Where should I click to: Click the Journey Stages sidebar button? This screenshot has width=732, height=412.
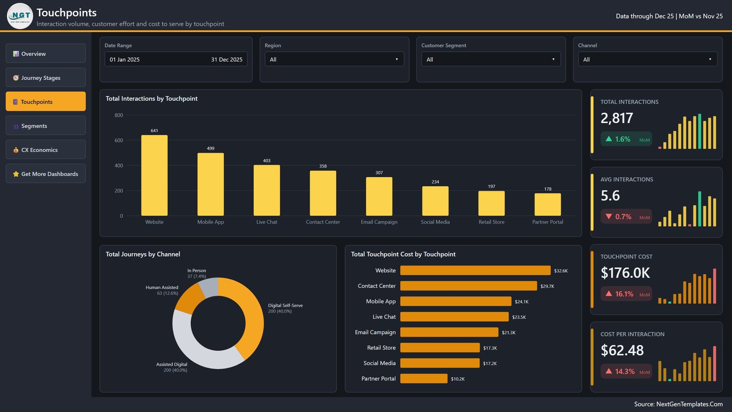pos(45,77)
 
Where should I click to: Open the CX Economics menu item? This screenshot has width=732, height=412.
pos(45,150)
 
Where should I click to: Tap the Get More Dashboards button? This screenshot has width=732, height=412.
pos(45,173)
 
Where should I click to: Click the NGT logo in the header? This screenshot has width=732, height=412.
pos(20,16)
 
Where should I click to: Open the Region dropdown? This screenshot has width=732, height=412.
pos(334,59)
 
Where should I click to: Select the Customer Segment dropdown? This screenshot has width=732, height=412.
pos(491,59)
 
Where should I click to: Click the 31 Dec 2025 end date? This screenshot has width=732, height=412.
pos(227,60)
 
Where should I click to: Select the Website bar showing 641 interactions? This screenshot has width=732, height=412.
pos(154,175)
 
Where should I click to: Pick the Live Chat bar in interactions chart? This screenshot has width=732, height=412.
pos(267,190)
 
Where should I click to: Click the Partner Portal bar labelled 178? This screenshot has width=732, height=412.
pos(548,204)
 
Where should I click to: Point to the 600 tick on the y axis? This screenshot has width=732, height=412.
pos(118,140)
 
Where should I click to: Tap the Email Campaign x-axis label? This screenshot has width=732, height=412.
pos(379,222)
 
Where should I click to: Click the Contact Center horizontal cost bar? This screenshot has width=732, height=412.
pos(468,286)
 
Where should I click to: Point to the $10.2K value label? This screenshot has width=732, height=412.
pos(457,379)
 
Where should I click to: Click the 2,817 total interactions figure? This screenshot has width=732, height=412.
pos(617,118)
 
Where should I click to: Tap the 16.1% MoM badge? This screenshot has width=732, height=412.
pos(626,294)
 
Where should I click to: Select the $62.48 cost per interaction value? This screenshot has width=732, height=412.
pos(622,350)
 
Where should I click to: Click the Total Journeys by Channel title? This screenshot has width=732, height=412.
pos(143,254)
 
